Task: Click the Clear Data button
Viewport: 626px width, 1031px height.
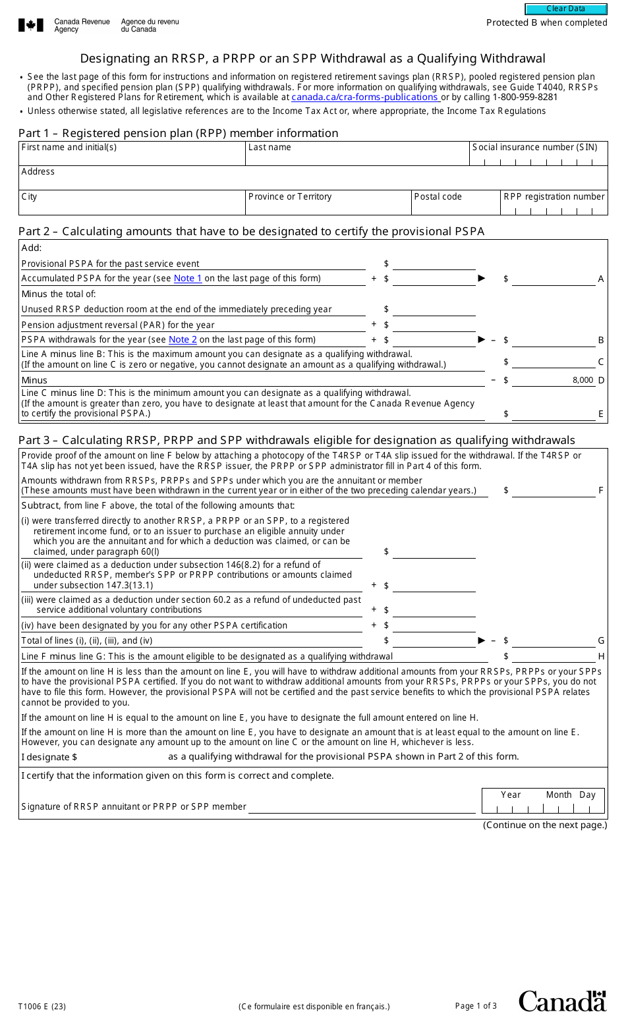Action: [x=565, y=9]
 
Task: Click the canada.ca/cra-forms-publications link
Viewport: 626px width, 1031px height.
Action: [x=365, y=97]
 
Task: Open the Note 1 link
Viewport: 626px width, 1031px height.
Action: [x=188, y=279]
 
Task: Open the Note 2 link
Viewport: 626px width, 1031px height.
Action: [x=183, y=340]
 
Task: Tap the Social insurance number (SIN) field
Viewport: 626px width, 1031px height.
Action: [x=538, y=159]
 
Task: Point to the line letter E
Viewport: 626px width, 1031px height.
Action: [x=601, y=414]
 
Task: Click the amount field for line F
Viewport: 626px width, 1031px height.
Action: [x=553, y=491]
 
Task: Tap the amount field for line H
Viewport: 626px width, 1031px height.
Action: [x=553, y=657]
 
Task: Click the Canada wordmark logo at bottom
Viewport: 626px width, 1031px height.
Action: [x=562, y=1001]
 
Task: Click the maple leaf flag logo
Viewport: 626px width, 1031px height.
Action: [x=31, y=26]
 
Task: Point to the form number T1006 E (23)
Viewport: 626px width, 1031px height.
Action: [x=42, y=1007]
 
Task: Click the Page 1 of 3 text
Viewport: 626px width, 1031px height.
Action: [x=476, y=1006]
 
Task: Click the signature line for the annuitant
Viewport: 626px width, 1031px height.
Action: [x=361, y=807]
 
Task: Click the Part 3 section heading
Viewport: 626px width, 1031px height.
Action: [x=297, y=440]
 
